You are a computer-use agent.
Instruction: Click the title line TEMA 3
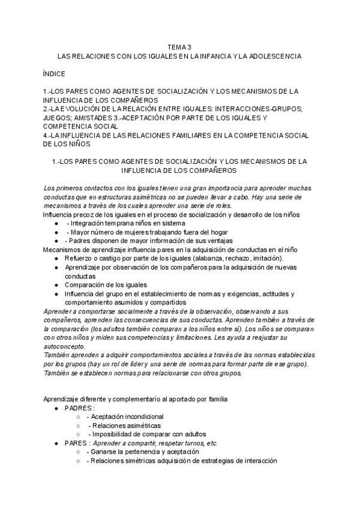tap(179, 46)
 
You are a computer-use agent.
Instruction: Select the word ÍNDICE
tap(55, 73)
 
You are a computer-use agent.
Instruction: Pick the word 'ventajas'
tap(191, 240)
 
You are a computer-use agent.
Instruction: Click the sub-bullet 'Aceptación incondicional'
tap(125, 417)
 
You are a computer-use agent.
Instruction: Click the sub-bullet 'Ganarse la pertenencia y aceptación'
tap(143, 452)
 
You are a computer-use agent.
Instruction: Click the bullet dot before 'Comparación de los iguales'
tap(56, 285)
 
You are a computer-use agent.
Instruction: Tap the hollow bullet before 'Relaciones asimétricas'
tap(78, 426)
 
